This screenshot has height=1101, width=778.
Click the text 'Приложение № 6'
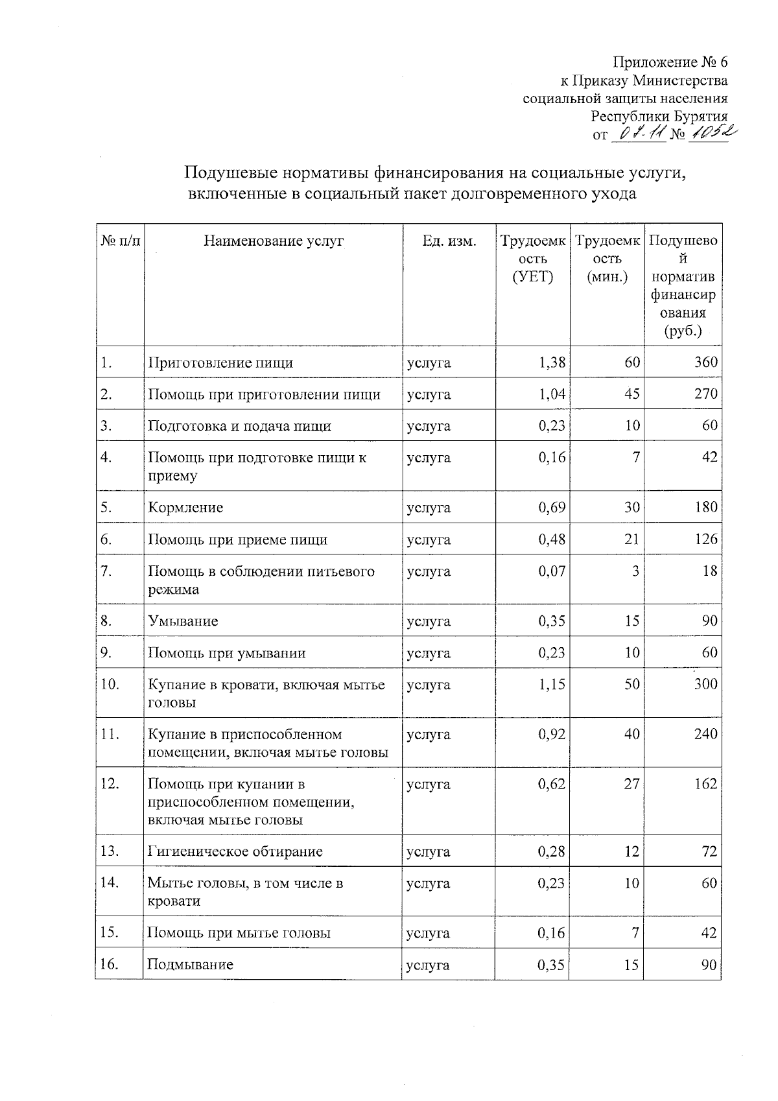(670, 62)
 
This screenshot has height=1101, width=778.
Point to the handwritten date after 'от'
(638, 134)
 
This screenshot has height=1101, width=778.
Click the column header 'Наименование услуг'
(274, 241)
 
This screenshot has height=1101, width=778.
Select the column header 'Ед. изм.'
(449, 241)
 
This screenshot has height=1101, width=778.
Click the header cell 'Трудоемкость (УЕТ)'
(532, 259)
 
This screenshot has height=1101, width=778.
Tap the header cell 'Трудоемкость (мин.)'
(607, 259)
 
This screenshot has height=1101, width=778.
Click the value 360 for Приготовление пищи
(705, 362)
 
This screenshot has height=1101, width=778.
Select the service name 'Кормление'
(185, 508)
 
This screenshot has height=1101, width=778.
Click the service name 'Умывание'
(183, 621)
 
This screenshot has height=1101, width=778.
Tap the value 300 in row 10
(705, 684)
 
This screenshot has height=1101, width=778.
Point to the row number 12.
(110, 784)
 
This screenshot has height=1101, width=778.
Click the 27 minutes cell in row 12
(631, 784)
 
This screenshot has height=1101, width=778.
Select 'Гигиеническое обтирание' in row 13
(235, 851)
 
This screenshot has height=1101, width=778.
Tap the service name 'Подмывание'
(190, 964)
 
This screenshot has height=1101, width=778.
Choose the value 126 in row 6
(705, 539)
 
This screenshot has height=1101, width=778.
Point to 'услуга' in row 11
(429, 735)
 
